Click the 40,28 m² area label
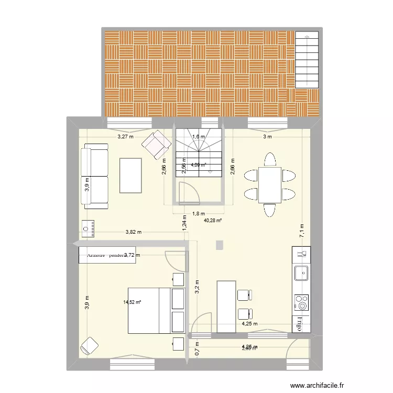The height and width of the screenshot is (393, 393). click(213, 221)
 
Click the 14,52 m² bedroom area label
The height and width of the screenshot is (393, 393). click(133, 302)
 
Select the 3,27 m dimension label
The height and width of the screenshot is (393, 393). click(125, 137)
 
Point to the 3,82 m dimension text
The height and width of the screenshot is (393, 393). click(133, 232)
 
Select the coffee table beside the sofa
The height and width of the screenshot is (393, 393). click(131, 176)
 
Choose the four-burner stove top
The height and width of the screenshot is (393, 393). click(301, 303)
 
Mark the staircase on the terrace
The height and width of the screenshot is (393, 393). click(307, 59)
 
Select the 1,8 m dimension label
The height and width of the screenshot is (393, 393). click(198, 214)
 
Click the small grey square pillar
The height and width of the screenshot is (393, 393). click(219, 245)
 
